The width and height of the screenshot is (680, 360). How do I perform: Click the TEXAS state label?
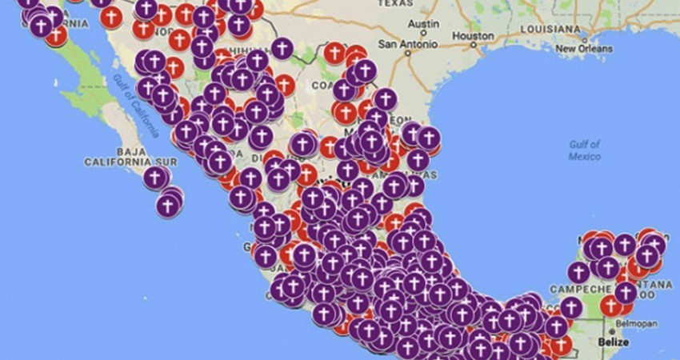coord(395,3)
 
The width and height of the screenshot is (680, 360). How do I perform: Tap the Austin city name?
coord(423,24)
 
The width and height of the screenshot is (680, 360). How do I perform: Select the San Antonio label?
coord(405,42)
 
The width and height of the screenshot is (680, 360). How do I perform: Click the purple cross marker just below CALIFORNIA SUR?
coord(156,178)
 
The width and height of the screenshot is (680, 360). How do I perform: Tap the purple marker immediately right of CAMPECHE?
coord(626,293)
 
